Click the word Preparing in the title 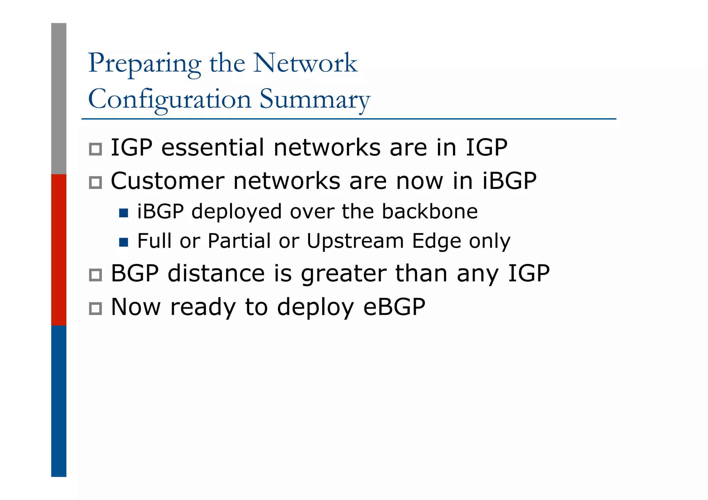(x=145, y=64)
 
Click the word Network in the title (x=305, y=63)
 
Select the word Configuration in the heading (x=169, y=100)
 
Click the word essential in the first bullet (x=213, y=148)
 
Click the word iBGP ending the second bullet (x=509, y=181)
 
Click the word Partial (x=239, y=241)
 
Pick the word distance (x=216, y=273)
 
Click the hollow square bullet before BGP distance (x=95, y=275)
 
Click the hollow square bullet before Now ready (x=95, y=309)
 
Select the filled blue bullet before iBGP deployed (x=123, y=213)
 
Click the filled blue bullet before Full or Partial (x=123, y=242)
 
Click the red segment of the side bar (x=59, y=249)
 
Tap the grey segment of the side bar (x=59, y=98)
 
